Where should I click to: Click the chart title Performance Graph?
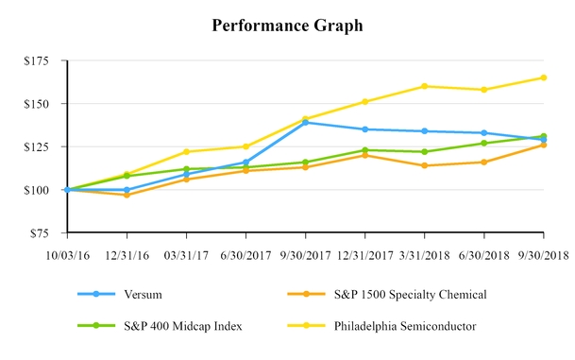coord(287,26)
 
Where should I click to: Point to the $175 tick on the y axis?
coord(39,60)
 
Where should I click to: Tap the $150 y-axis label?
coord(39,104)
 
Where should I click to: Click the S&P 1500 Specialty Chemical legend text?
coord(412,295)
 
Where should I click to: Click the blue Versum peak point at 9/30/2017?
coord(305,122)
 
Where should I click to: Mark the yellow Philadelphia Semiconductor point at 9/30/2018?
coord(544,77)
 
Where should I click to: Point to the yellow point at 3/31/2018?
coord(424,86)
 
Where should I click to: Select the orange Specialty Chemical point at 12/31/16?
coord(126,195)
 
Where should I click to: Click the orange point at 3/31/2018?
coord(424,165)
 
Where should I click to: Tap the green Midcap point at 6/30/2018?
coord(484,143)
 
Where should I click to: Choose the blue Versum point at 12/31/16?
coord(126,190)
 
